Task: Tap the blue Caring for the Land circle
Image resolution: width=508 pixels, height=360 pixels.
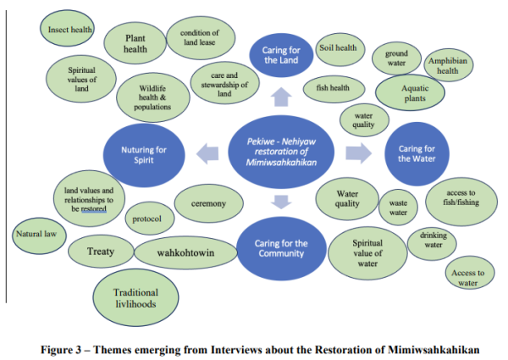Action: pos(281,56)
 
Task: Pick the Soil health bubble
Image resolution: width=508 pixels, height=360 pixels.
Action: pos(338,48)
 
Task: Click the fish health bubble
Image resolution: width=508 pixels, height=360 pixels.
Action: pos(333,86)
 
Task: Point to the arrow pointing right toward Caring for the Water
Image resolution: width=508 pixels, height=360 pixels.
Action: pos(358,153)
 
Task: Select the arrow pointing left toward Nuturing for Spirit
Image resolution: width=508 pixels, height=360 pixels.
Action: pos(204,153)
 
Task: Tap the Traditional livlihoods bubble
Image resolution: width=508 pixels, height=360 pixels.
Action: pos(135,299)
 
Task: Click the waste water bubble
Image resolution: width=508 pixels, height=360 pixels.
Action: pos(398,208)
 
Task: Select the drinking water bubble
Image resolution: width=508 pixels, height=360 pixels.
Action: pos(433,241)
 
